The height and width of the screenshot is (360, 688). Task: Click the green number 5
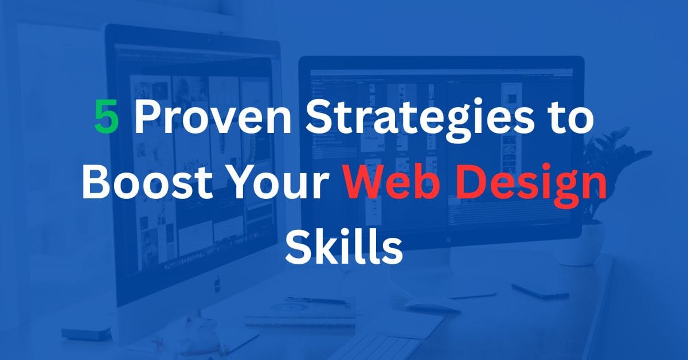click(106, 117)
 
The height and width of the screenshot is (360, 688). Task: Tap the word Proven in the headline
click(213, 117)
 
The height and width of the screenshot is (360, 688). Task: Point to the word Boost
click(147, 182)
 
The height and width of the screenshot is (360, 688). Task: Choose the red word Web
click(392, 182)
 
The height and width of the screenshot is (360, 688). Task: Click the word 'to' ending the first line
click(569, 119)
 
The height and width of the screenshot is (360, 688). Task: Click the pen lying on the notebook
click(316, 300)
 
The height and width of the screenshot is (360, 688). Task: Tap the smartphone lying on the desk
click(540, 291)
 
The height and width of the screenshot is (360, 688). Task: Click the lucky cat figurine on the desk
click(201, 330)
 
